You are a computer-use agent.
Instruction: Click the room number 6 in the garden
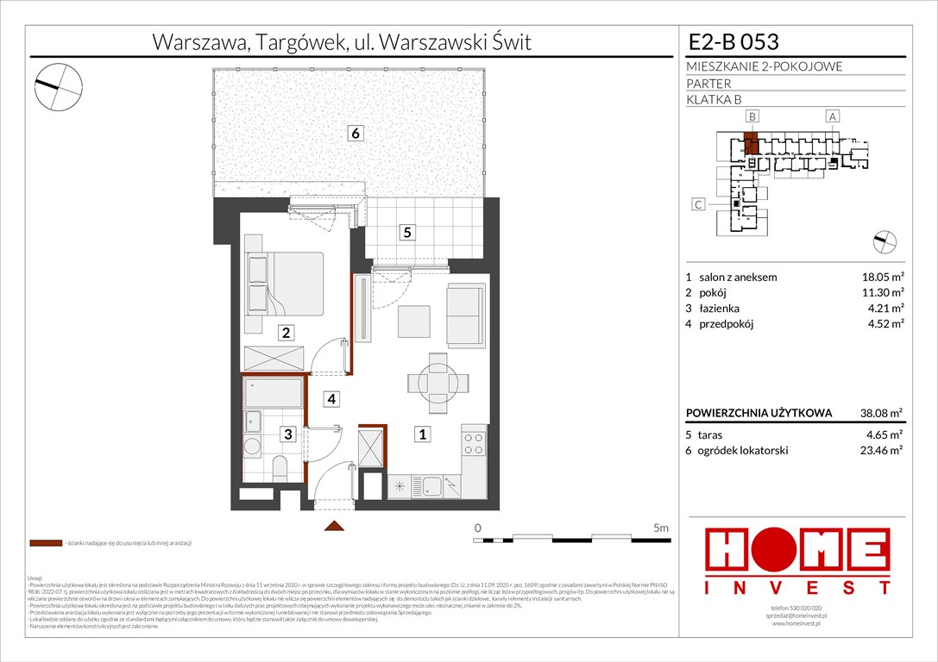click(x=355, y=133)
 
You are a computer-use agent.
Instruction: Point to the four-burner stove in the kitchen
click(x=475, y=444)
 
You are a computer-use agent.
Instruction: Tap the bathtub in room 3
click(x=274, y=393)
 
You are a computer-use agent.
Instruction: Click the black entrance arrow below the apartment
click(x=334, y=525)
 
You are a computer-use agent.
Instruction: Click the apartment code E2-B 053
click(x=733, y=41)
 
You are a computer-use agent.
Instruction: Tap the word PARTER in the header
click(x=708, y=84)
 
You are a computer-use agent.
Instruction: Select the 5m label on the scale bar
click(x=661, y=527)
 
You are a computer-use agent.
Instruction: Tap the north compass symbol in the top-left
click(x=59, y=84)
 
